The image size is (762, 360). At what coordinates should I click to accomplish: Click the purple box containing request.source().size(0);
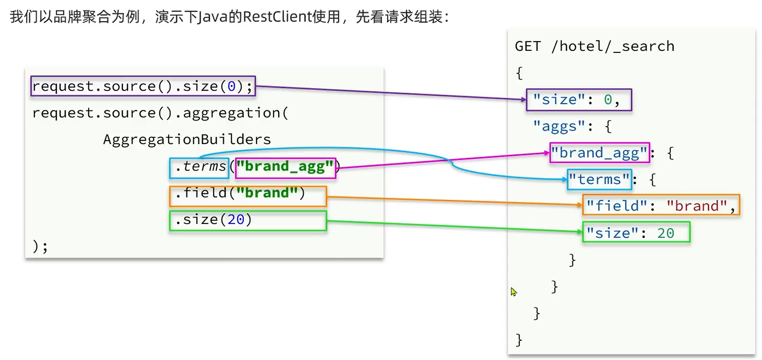click(x=143, y=86)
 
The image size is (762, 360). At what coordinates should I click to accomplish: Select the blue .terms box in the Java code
click(x=199, y=168)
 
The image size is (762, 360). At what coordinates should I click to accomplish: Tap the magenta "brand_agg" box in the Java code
click(x=285, y=168)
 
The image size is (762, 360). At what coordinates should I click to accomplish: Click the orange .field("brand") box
click(x=248, y=196)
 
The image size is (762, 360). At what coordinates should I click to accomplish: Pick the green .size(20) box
click(x=248, y=221)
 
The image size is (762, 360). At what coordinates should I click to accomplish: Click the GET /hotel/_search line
click(x=594, y=47)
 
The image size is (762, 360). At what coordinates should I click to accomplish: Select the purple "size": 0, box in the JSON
click(x=579, y=100)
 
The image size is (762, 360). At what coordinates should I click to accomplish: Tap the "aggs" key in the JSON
click(x=560, y=127)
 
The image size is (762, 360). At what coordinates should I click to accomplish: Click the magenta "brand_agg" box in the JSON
click(x=599, y=153)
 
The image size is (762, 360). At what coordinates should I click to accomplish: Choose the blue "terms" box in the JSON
click(x=599, y=179)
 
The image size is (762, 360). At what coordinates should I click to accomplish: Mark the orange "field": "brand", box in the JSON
click(x=661, y=205)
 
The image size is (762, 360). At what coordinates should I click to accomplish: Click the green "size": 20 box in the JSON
click(x=636, y=232)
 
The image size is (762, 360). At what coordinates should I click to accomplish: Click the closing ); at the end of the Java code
click(x=40, y=246)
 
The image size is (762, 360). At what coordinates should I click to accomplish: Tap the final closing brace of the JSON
click(x=519, y=340)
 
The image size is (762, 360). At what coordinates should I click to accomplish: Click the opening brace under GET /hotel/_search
click(x=519, y=73)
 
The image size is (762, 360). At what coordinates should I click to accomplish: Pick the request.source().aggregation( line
click(x=160, y=113)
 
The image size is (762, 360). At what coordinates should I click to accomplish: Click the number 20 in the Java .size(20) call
click(x=236, y=220)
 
